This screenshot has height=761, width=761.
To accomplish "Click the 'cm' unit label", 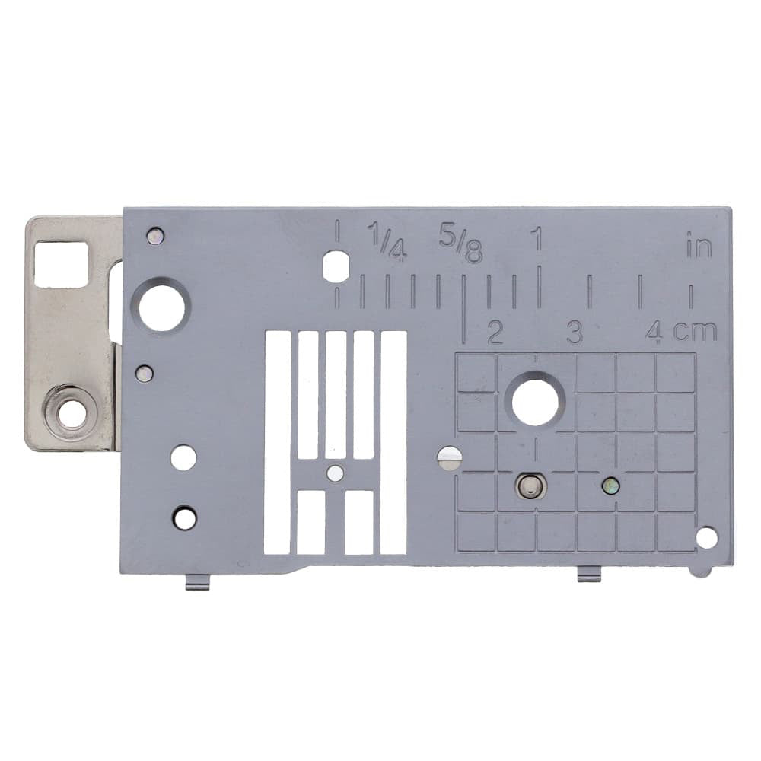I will tap(694, 331).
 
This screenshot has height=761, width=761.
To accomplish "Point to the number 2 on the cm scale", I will tap(495, 333).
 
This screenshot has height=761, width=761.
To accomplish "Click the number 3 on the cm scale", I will tap(575, 333).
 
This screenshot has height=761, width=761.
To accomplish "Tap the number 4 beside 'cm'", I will tap(655, 332).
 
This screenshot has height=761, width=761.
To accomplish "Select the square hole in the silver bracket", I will tap(61, 263).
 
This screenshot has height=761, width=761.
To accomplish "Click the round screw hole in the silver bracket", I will tap(72, 415).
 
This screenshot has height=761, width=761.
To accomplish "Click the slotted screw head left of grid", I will tap(450, 458).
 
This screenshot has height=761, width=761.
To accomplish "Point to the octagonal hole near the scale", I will tap(336, 267).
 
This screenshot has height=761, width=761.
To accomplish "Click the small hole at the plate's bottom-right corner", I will tap(706, 538).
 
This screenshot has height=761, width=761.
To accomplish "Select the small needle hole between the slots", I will tap(334, 473).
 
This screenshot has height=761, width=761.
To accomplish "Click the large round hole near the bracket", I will tap(162, 307).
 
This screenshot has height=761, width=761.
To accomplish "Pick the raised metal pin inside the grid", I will tap(530, 485).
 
